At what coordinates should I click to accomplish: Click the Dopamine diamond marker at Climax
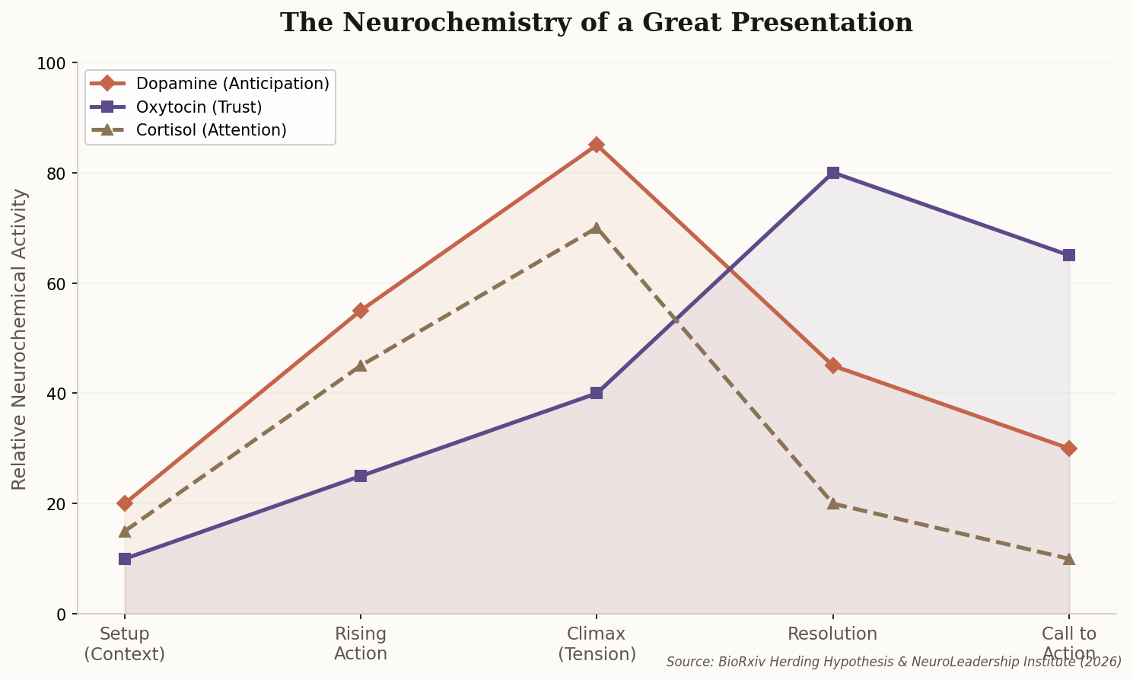pos(597,145)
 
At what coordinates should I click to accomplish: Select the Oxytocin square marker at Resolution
pos(833,173)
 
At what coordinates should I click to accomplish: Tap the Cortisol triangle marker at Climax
pos(597,228)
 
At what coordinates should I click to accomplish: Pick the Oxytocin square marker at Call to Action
pos(1069,255)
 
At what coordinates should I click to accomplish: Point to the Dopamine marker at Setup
pos(125,503)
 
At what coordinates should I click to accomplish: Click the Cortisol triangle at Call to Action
pos(1069,558)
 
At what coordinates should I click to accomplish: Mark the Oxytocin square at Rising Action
pos(361,476)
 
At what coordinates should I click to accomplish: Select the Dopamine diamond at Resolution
pos(833,366)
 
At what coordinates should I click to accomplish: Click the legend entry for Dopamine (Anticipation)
pos(232,84)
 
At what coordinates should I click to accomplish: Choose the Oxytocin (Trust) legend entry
pos(199,107)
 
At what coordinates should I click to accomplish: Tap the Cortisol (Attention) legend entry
pos(211,130)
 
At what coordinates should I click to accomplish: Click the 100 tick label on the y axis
pos(53,63)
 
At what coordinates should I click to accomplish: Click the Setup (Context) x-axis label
pos(125,644)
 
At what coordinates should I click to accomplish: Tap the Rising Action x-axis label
pos(361,644)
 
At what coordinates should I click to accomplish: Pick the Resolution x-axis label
pos(832,634)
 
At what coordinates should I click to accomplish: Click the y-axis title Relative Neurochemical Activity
pos(20,339)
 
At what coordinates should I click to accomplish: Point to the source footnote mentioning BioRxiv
pos(893,662)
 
